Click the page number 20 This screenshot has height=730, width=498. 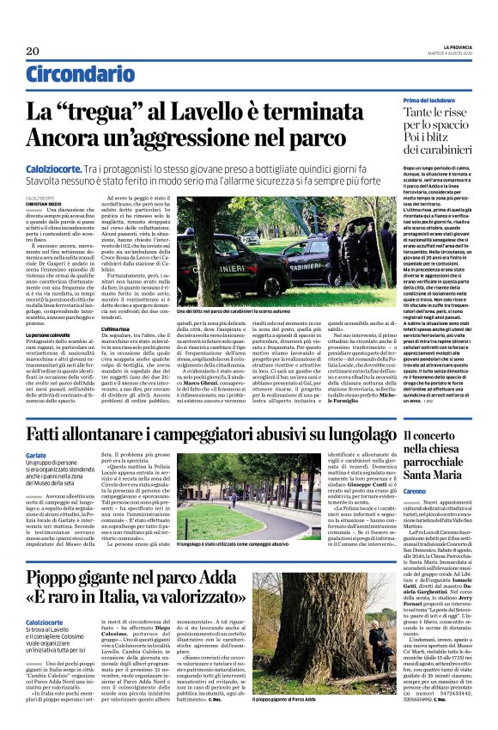(x=33, y=52)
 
